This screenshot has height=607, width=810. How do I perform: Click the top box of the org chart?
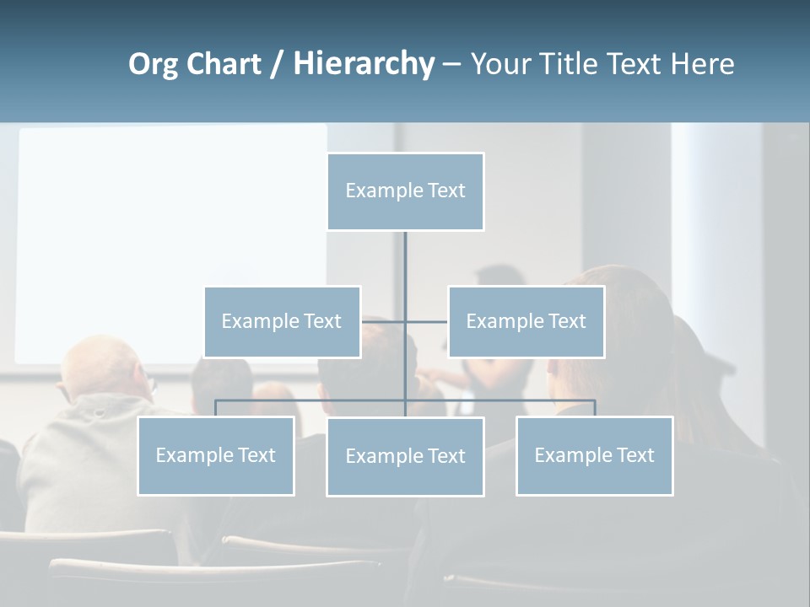pyautogui.click(x=405, y=191)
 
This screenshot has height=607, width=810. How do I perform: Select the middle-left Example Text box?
pyautogui.click(x=282, y=321)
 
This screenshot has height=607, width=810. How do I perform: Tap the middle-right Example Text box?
pyautogui.click(x=526, y=321)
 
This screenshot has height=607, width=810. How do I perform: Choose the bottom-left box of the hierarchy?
pyautogui.click(x=215, y=455)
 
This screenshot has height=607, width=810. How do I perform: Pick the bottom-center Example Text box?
pyautogui.click(x=405, y=456)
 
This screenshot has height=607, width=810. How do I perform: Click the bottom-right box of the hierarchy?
pyautogui.click(x=594, y=455)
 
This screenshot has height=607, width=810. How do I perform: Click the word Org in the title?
pyautogui.click(x=153, y=64)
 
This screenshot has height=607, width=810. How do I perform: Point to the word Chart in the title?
pyautogui.click(x=224, y=64)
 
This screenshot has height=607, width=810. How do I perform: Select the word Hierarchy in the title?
pyautogui.click(x=364, y=64)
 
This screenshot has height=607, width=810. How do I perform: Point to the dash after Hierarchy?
pyautogui.click(x=451, y=65)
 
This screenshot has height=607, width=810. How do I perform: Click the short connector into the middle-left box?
pyautogui.click(x=382, y=321)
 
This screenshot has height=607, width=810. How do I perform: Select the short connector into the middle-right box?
pyautogui.click(x=427, y=321)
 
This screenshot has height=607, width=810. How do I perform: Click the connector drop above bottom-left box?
pyautogui.click(x=216, y=408)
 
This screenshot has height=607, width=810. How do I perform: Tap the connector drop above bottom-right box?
pyautogui.click(x=595, y=408)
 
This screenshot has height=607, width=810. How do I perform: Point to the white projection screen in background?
pyautogui.click(x=169, y=236)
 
